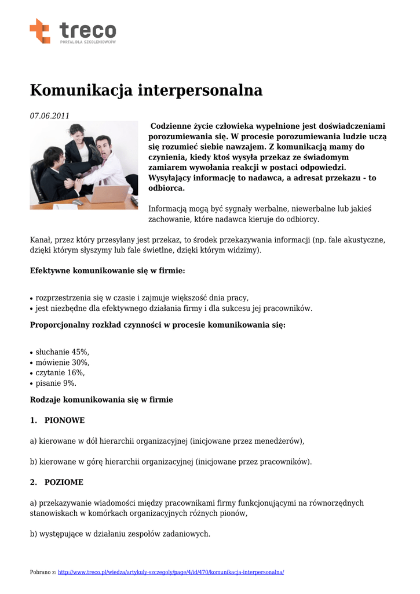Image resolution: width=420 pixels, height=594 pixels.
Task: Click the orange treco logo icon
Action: pos(40,31)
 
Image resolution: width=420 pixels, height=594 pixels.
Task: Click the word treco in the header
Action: pos(87,30)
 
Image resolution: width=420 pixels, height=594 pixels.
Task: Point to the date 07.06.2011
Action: pos(50,115)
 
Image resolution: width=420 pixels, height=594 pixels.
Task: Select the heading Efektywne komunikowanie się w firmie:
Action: pos(108,270)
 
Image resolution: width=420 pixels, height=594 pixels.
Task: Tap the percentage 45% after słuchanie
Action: pos(80,352)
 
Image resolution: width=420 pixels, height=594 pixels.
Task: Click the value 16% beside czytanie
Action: pos(75,373)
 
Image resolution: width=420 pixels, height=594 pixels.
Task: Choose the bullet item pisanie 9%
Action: pos(56,383)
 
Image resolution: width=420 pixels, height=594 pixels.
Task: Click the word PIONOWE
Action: pos(64,420)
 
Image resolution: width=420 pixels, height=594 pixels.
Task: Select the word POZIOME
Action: pos(64,482)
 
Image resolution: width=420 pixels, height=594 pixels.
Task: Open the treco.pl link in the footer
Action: pos(171,572)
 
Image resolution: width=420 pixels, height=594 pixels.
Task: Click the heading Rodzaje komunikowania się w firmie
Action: pos(101,400)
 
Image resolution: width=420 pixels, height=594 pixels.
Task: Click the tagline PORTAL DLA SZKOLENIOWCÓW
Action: pos(88,42)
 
